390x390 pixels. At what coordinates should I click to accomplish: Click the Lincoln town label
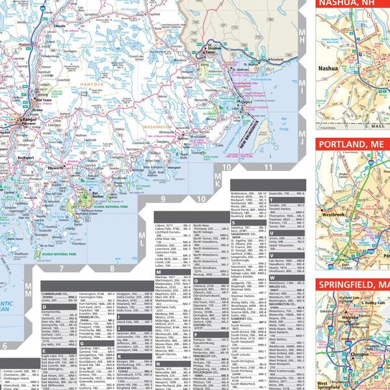60,25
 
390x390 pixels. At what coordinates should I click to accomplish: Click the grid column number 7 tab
59,268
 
